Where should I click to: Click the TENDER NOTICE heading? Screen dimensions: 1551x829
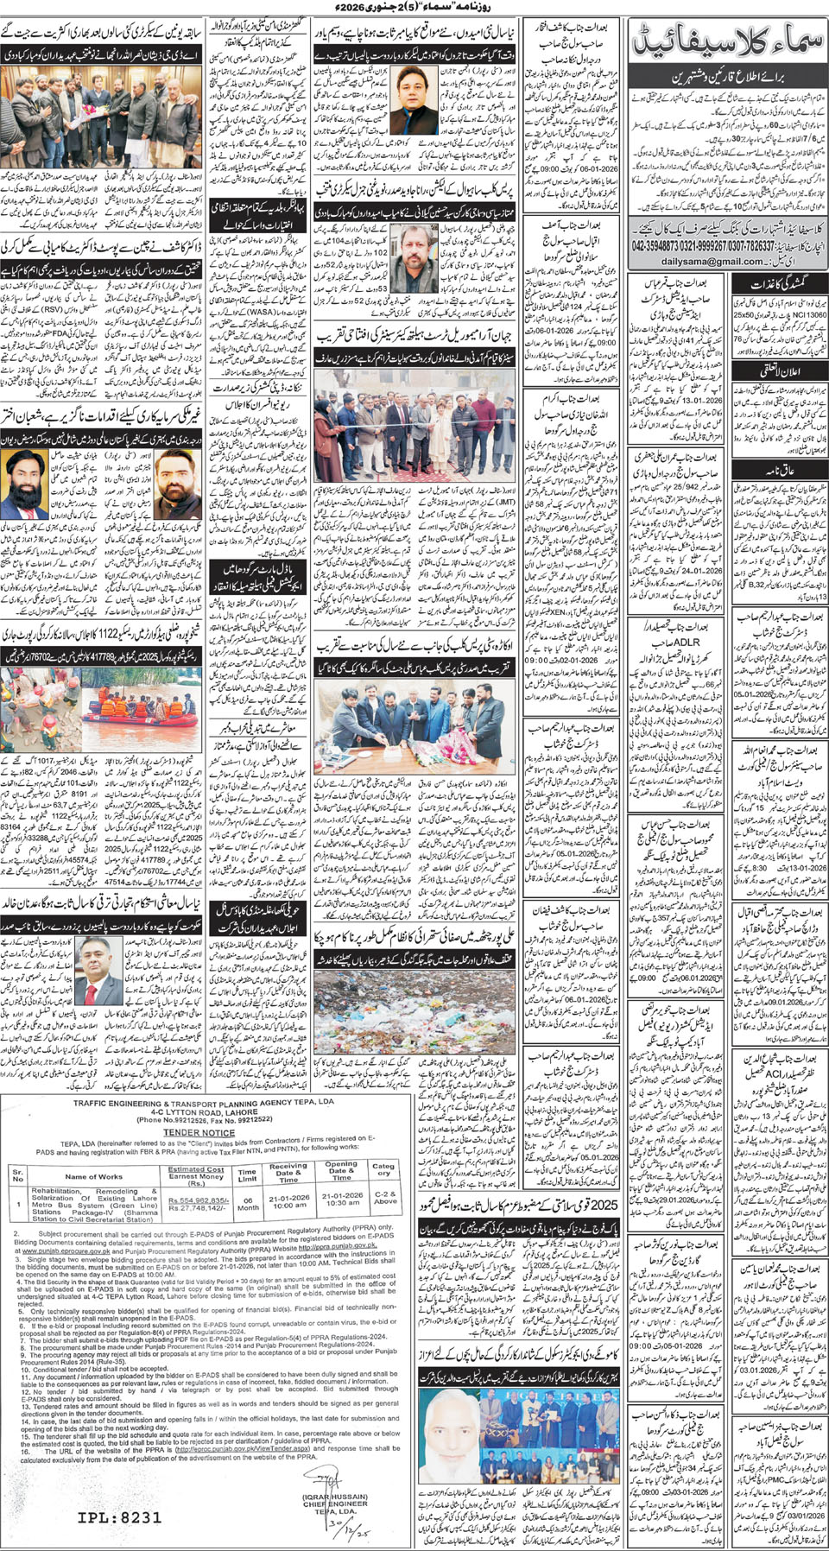(199, 1132)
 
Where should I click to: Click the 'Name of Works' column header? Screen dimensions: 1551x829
(93, 1176)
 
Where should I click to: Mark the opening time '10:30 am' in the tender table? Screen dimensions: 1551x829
(342, 1203)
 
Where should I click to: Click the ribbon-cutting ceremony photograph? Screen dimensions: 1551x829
(414, 432)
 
